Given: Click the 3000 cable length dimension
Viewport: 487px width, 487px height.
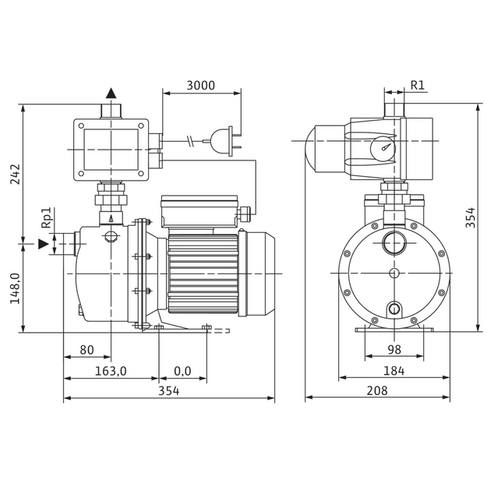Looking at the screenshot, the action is tap(200, 85).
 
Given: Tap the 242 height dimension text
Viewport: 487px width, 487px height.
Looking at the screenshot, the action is tap(15, 175).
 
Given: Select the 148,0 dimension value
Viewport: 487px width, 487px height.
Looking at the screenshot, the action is tap(15, 288).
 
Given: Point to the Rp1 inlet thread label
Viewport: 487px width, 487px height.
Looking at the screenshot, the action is tap(46, 218).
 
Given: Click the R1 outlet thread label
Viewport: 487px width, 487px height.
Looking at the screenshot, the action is tap(418, 85).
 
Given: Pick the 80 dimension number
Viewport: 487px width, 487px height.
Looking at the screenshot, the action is tap(86, 350).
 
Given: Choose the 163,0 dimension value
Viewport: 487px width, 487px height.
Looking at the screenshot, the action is tap(111, 371).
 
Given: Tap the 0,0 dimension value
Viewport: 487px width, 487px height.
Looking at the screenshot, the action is tap(182, 371).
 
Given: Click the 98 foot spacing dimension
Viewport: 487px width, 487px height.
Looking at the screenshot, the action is tap(394, 350).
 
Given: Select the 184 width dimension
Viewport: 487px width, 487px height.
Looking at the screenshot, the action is tap(394, 371).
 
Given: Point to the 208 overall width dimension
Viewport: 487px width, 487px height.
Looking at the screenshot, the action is tap(377, 390).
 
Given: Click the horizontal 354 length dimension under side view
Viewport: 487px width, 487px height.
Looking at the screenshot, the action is tap(169, 391).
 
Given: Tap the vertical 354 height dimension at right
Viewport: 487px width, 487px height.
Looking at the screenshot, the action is tap(471, 217).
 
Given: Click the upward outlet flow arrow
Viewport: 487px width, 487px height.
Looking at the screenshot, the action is tap(111, 94).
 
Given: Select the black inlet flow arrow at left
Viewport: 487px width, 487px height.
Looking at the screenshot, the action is tap(44, 244).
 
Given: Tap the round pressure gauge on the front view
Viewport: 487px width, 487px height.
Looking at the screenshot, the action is tap(382, 148).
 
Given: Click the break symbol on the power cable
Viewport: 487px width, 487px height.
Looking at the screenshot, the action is tap(190, 141).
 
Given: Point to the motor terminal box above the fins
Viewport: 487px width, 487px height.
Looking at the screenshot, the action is tap(199, 211).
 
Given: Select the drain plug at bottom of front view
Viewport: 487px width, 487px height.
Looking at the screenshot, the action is tap(394, 309).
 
